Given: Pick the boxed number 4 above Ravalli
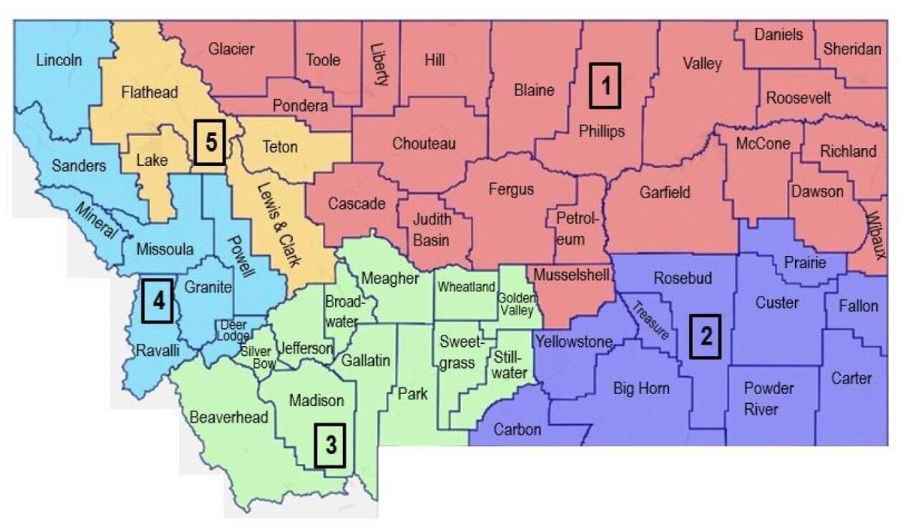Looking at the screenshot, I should (x=158, y=302).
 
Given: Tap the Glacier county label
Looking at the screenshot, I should (x=231, y=49).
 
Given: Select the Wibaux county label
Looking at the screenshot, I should (x=873, y=232).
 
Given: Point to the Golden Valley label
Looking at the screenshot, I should (x=517, y=304).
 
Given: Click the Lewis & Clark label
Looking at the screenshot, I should (x=276, y=226).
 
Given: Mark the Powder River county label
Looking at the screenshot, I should (x=768, y=399).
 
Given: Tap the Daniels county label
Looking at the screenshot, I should (x=779, y=35).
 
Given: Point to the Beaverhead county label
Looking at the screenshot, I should (x=229, y=417).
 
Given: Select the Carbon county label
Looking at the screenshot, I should (x=517, y=429).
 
